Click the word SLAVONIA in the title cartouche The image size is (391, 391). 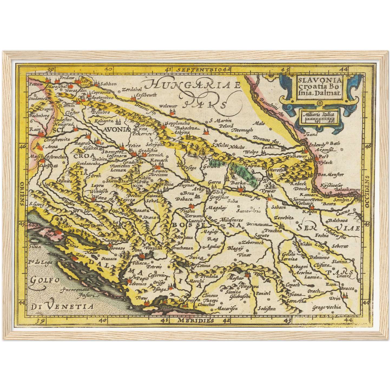click(x=320, y=80)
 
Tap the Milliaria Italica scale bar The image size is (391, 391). click(x=319, y=118)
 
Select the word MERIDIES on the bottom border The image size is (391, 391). click(x=196, y=320)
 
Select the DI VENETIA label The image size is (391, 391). click(x=62, y=307)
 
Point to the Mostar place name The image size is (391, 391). click(x=234, y=278)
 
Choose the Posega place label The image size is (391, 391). click(x=189, y=168)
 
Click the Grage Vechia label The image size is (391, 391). click(x=326, y=307)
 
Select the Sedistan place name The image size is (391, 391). click(x=267, y=308)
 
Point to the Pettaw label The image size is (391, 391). click(x=36, y=84)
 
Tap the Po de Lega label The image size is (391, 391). click(x=40, y=262)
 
